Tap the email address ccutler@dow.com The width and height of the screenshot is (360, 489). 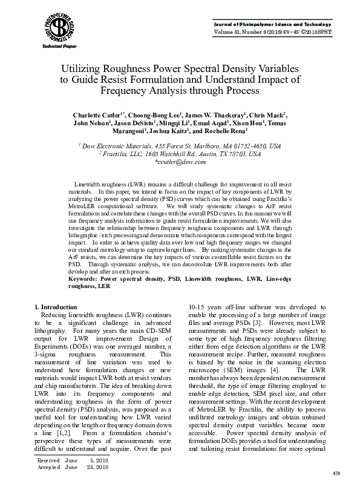(180, 163)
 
